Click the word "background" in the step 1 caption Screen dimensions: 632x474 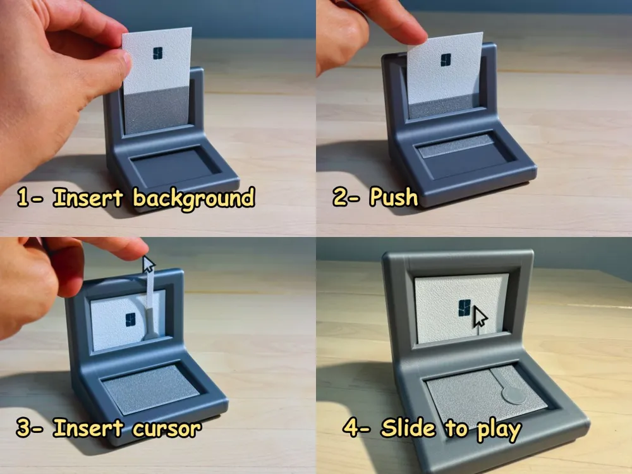click(x=193, y=198)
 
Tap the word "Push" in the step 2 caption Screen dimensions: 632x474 click(x=393, y=197)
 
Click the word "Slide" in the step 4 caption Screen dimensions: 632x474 click(x=408, y=428)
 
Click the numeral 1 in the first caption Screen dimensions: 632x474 click(x=23, y=197)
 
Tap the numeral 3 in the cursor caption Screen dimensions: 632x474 click(x=23, y=428)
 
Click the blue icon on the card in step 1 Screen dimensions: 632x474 click(x=157, y=53)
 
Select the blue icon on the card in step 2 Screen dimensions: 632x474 click(x=446, y=59)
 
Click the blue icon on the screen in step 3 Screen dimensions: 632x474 click(x=130, y=320)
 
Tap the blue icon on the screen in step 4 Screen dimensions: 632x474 click(x=465, y=308)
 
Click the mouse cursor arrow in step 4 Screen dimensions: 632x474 click(x=480, y=317)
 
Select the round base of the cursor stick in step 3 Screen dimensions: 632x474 click(x=151, y=334)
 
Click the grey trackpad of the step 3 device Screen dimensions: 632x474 click(x=152, y=389)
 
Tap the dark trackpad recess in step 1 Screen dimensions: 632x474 click(x=174, y=166)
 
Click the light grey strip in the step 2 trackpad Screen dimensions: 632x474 click(x=456, y=146)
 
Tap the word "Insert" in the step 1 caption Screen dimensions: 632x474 click(x=87, y=197)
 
